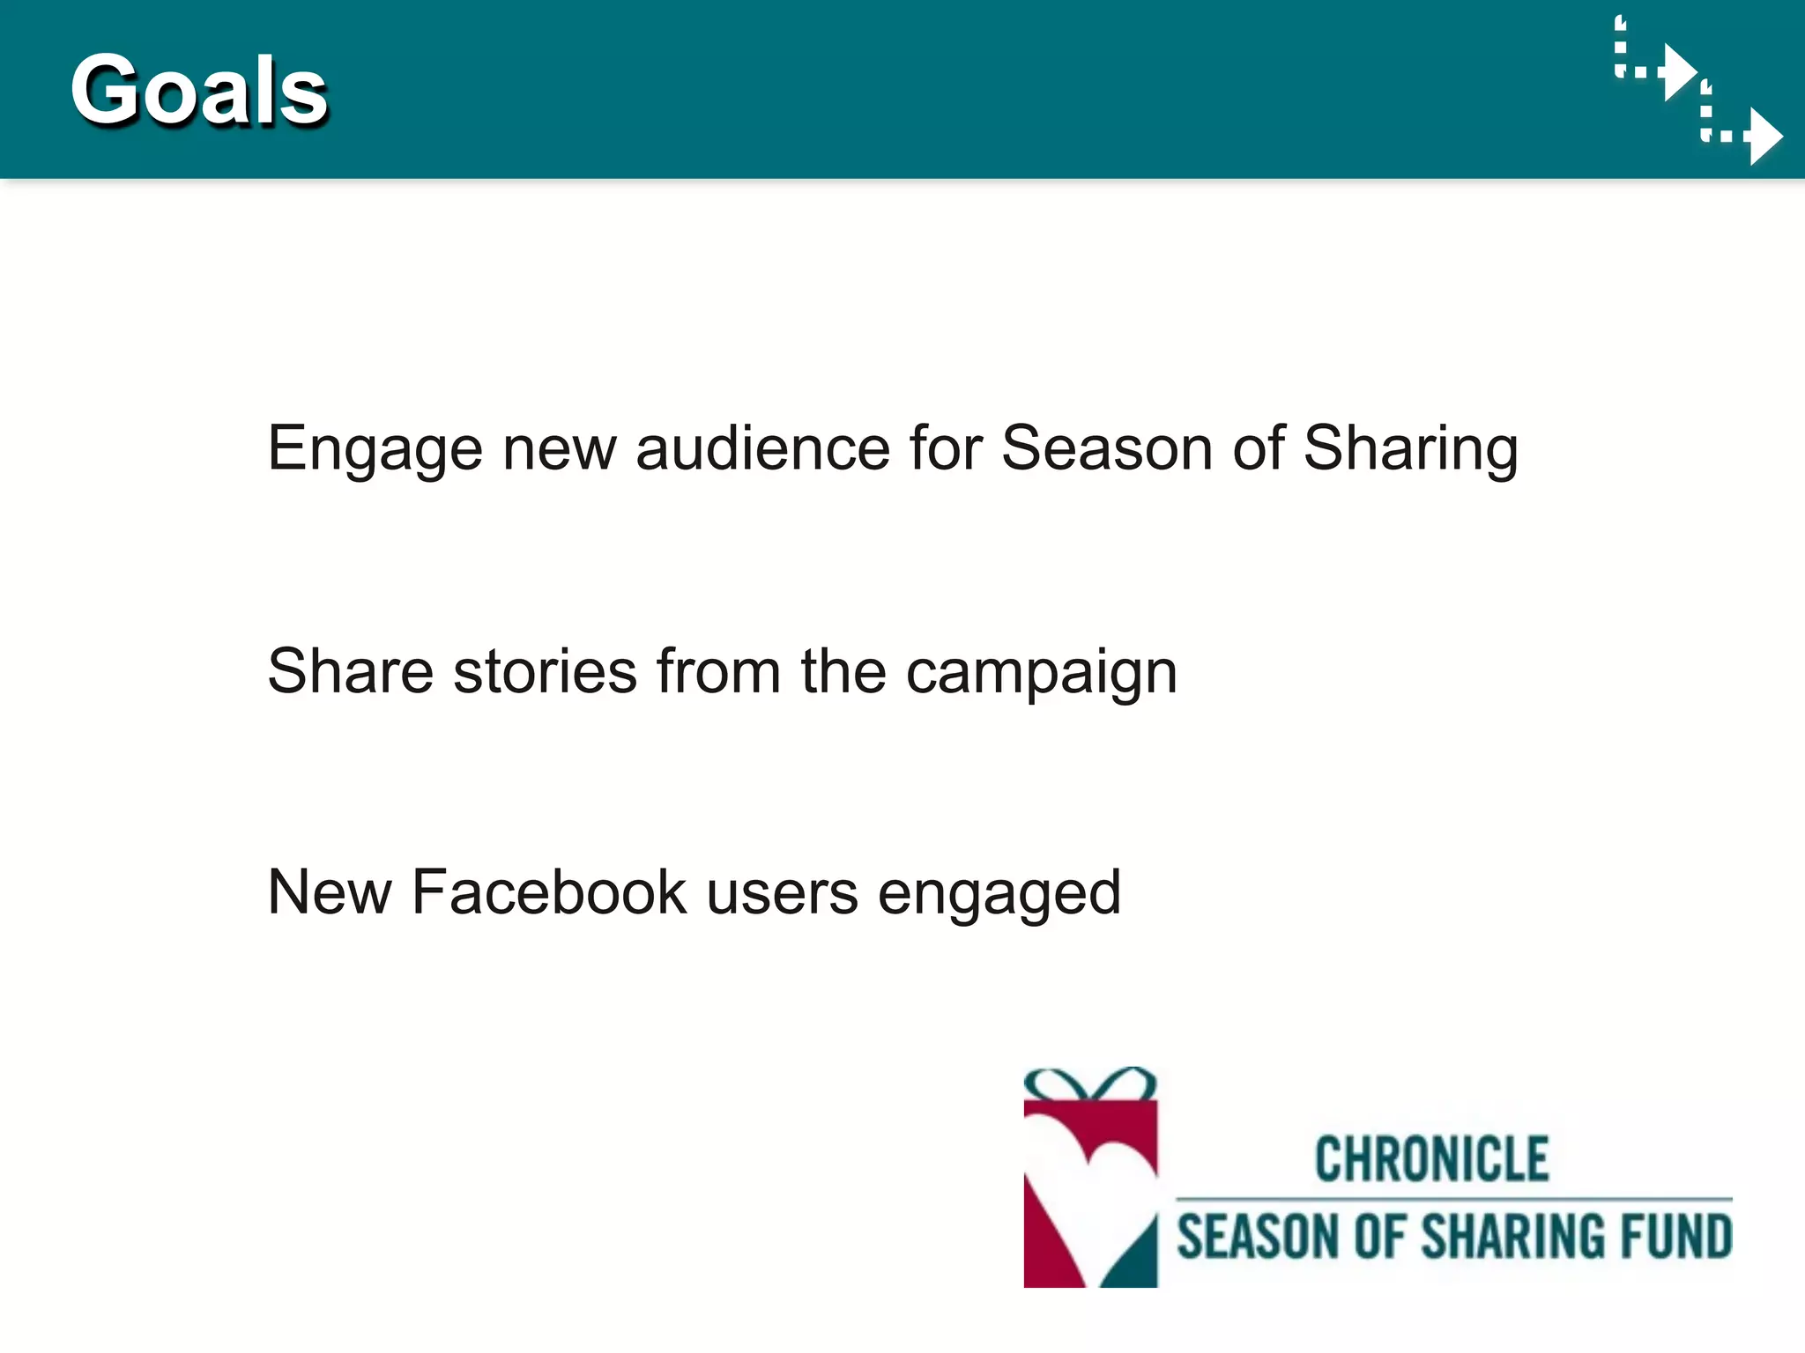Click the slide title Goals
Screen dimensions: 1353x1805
(199, 90)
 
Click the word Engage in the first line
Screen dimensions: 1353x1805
(375, 449)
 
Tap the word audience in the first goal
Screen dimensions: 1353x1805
(762, 447)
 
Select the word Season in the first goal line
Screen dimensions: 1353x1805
(1107, 447)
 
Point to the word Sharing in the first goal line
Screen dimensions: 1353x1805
(1410, 449)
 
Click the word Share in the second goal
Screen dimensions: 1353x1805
(350, 671)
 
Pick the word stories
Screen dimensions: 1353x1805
(545, 671)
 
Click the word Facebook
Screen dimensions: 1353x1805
(548, 892)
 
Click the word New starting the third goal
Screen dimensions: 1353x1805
(329, 892)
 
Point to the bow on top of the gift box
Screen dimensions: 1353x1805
(1090, 1083)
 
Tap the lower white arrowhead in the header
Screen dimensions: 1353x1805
(1765, 137)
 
